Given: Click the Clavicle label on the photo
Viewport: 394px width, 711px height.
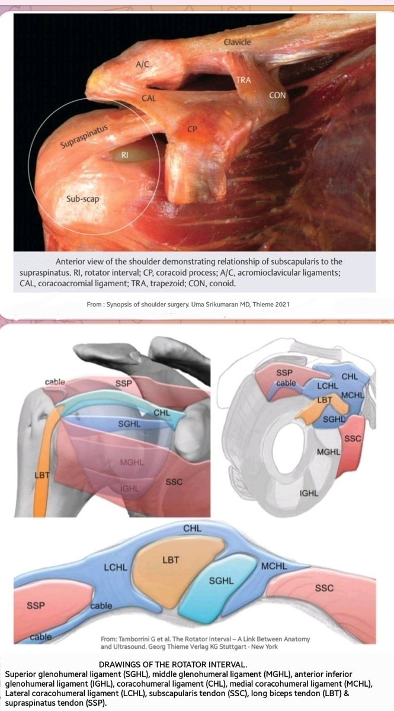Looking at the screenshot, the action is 238,42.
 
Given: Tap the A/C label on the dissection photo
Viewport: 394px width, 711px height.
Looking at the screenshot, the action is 143,66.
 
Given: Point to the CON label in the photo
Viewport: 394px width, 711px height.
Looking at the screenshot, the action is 278,95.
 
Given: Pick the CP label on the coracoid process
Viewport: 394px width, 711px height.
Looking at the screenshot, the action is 192,129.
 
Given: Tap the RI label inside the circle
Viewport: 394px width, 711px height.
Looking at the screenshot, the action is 125,155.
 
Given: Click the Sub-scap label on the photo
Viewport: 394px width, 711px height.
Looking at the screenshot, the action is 82,200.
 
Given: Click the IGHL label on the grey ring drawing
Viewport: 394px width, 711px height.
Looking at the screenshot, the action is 308,492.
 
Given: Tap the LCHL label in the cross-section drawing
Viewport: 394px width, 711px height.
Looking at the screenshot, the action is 116,568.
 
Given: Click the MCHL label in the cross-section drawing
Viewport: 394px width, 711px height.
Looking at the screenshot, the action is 274,566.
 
